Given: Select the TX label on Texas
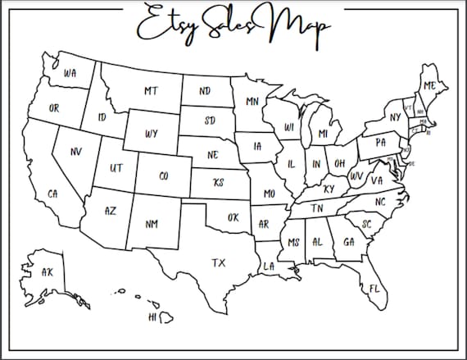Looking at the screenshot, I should [x=218, y=263].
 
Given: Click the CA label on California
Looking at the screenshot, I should [x=52, y=194].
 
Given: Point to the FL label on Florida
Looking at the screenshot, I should [x=374, y=289].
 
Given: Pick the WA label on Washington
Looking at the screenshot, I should [x=70, y=74].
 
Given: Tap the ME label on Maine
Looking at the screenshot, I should [x=429, y=84].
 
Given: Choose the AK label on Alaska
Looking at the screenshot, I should [x=47, y=271].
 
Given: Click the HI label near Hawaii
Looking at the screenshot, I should [x=152, y=317].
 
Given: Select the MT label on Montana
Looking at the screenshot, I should [x=151, y=91].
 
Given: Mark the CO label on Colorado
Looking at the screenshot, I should [x=163, y=175].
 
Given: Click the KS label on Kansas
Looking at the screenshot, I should [x=218, y=182].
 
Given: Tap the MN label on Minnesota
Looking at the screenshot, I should [x=252, y=102].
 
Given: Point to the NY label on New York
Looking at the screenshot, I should [x=396, y=117].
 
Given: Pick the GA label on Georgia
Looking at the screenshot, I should [x=349, y=242].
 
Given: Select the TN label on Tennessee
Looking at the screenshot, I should [x=317, y=209].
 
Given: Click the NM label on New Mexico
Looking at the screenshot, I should [x=152, y=223].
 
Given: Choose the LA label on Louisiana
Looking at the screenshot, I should [x=269, y=266].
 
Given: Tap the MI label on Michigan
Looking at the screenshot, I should [x=323, y=134].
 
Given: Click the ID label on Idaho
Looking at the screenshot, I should [x=102, y=117].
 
